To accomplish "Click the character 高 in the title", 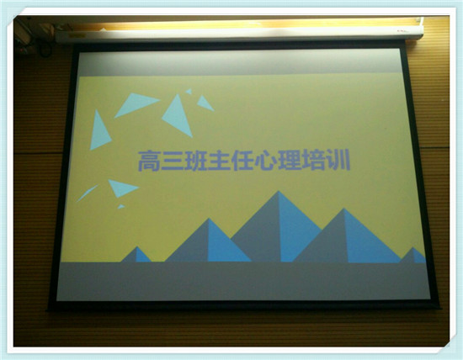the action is click(x=149, y=161).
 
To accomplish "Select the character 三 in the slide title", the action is click(x=173, y=161).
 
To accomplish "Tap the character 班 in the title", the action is click(x=196, y=161).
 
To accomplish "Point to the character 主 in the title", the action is click(x=220, y=161).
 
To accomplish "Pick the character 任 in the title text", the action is click(x=243, y=161).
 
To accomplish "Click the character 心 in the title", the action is click(x=267, y=161).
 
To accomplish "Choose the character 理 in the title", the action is click(x=290, y=161).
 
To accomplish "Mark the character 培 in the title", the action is click(x=314, y=161).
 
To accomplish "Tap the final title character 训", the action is click(x=338, y=161).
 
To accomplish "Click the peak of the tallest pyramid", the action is click(x=278, y=191).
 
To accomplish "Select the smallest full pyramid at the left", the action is click(x=136, y=254).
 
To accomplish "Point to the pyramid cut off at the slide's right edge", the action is click(x=413, y=255).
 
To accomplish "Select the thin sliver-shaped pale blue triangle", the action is click(x=87, y=193).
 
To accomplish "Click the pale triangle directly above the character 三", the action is click(x=178, y=116).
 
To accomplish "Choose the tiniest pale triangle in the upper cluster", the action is click(x=189, y=92).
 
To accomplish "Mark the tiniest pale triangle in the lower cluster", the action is click(x=120, y=206).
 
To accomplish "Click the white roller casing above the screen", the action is click(x=239, y=34).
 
